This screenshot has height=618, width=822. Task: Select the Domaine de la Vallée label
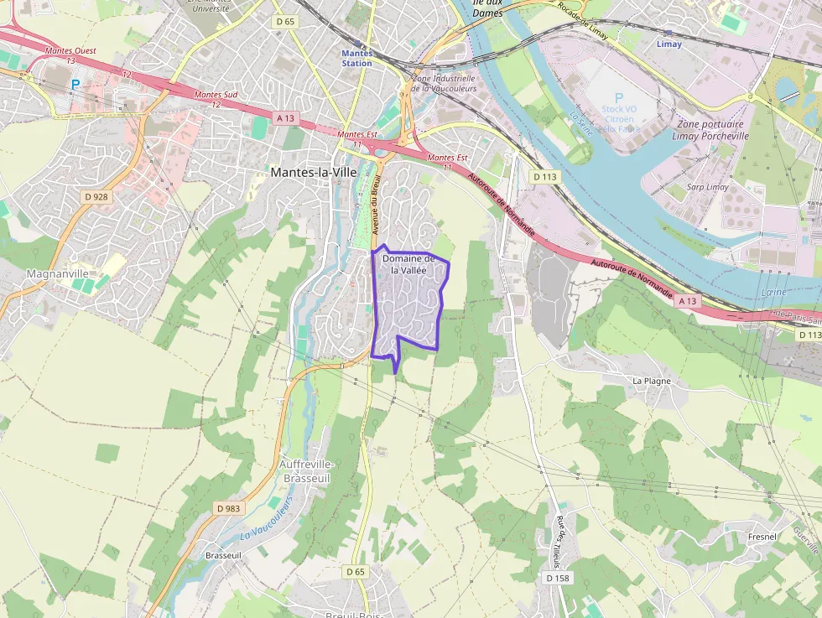[408, 264]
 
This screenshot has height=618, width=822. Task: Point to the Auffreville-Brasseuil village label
[307, 470]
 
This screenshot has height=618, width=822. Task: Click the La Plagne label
[651, 381]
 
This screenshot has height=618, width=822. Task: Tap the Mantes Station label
[357, 58]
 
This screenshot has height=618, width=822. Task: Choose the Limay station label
[669, 44]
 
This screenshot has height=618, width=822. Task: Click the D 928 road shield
[96, 197]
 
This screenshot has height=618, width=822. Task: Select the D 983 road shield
[227, 508]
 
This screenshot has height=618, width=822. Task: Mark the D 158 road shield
[558, 578]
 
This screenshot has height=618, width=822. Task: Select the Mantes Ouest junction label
[70, 55]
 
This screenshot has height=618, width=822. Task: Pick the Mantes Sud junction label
[216, 99]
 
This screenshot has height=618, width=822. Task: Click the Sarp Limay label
[707, 187]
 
